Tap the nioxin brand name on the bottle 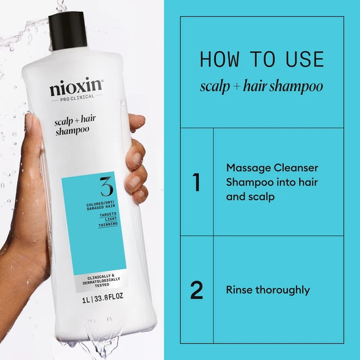point(76,89)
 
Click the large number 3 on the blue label point(93,187)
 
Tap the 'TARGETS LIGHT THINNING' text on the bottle point(93,221)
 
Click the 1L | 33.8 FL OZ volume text point(93,300)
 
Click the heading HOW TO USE point(262,59)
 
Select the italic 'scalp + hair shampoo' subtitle point(262,86)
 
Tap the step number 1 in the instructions point(196,182)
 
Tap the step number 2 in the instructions point(196,290)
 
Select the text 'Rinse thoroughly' point(267,290)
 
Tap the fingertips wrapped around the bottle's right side point(137,177)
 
